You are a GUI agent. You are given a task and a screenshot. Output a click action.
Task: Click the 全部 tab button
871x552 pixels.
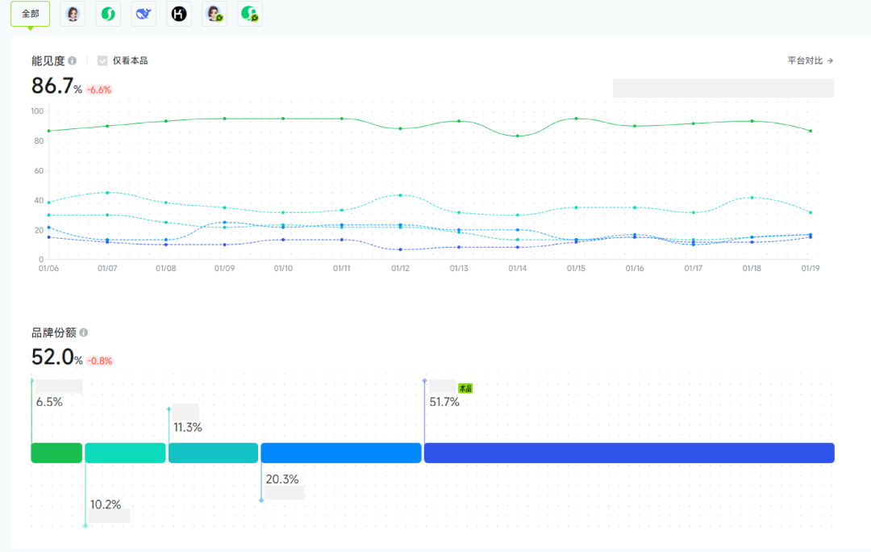point(30,14)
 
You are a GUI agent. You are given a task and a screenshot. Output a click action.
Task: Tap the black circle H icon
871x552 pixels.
point(178,14)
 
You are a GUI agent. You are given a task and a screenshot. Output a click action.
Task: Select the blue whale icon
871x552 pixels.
point(143,14)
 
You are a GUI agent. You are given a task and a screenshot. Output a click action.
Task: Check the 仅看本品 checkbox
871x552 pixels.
point(102,61)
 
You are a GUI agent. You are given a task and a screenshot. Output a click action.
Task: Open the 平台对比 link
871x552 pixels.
point(811,61)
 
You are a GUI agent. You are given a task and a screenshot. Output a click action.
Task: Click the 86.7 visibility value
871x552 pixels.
point(52,86)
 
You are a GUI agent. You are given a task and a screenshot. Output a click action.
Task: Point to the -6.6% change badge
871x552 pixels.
point(99,90)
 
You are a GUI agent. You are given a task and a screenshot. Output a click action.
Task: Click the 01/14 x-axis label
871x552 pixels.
point(517,268)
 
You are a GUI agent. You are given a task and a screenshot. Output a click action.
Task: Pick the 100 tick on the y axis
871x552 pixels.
point(37,111)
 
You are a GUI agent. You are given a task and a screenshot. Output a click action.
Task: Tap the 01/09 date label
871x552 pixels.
point(224,268)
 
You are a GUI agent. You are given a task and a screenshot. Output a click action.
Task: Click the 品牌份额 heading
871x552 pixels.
point(53,332)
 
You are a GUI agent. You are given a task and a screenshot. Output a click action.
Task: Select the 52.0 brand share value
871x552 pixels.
point(52,357)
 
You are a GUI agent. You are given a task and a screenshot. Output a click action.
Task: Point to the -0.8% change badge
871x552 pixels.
point(100,361)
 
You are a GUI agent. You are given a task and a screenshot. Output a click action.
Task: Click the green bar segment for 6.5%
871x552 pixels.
point(56,453)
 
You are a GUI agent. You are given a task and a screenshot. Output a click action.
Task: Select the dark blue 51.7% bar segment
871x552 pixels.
point(629,453)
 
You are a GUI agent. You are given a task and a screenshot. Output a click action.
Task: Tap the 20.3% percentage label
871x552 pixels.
point(282,479)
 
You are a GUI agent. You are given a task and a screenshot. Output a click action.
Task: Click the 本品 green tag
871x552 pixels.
point(465,388)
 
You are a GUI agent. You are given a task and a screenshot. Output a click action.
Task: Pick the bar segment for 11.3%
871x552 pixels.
point(213,453)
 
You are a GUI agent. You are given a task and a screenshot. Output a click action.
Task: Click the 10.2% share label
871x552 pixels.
point(106,505)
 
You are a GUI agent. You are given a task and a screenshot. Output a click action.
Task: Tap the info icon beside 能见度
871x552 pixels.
point(73,61)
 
